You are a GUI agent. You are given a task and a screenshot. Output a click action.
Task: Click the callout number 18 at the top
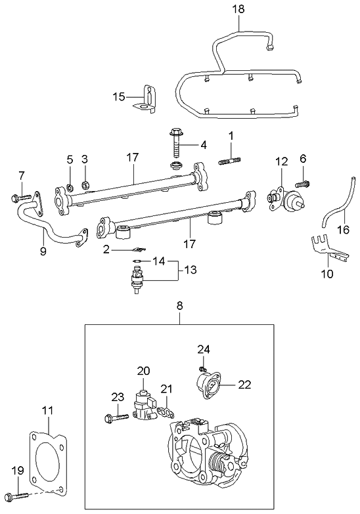pyautogui.click(x=238, y=9)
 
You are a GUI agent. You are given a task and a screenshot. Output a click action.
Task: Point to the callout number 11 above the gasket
pyautogui.click(x=47, y=412)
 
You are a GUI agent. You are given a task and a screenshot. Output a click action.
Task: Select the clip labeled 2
pyautogui.click(x=136, y=249)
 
